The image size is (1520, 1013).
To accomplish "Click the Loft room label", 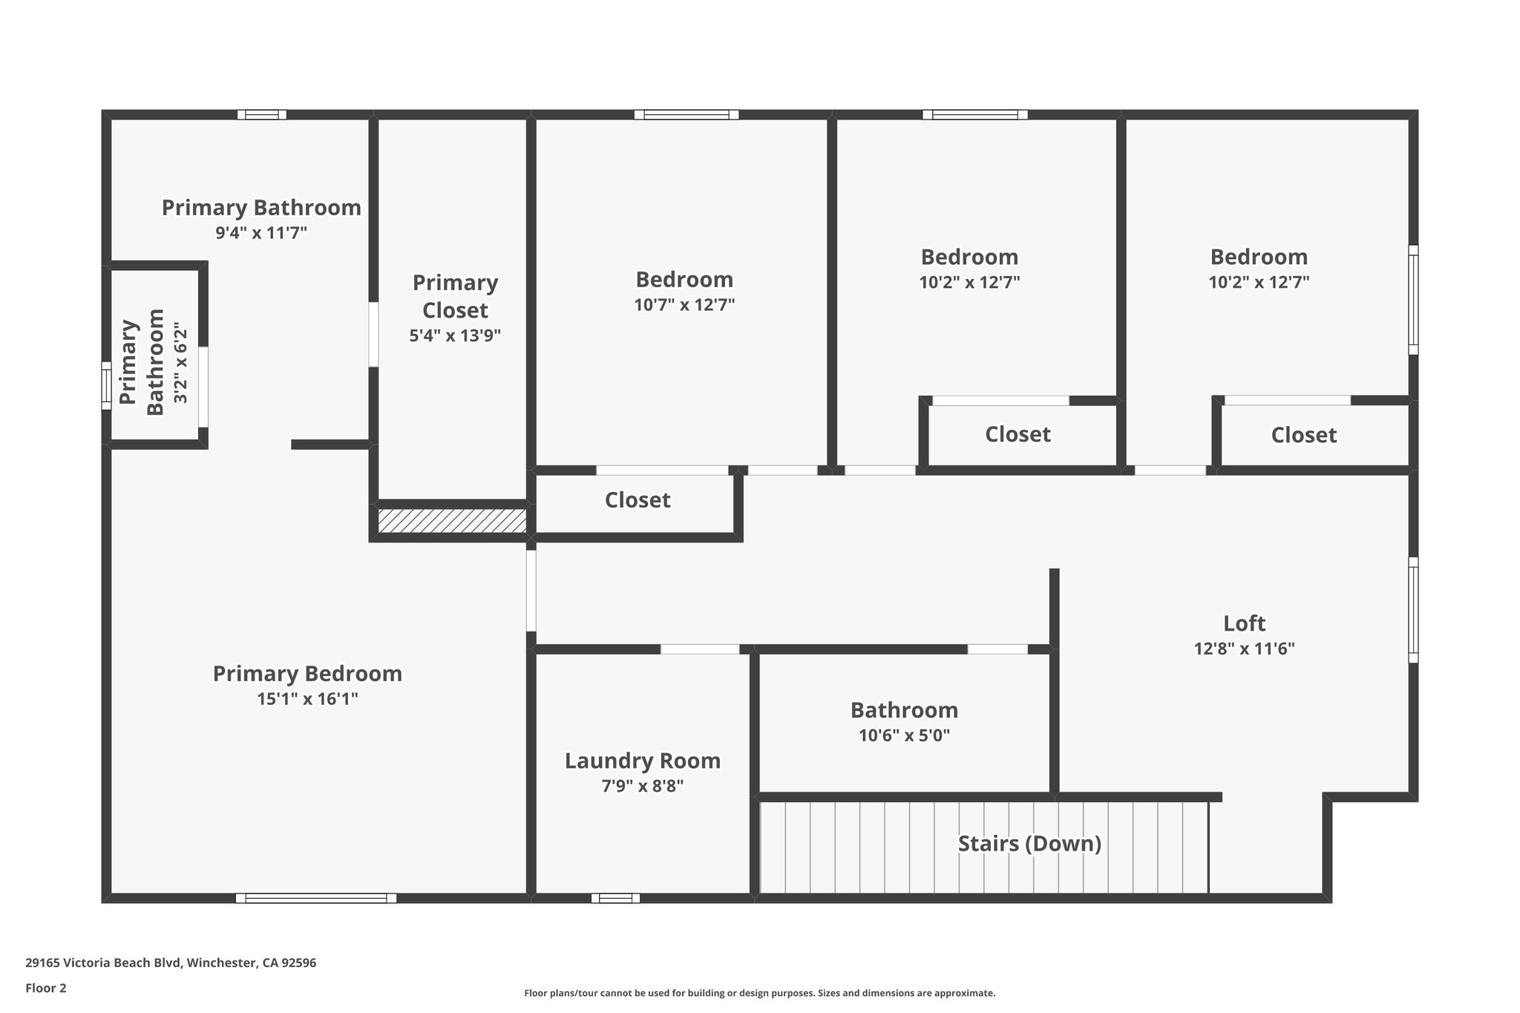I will pyautogui.click(x=1244, y=623).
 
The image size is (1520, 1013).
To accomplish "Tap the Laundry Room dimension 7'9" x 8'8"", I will pyautogui.click(x=642, y=786).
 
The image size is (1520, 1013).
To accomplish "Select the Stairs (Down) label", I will pyautogui.click(x=1029, y=844).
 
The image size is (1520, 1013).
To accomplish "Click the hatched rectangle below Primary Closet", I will pyautogui.click(x=451, y=520).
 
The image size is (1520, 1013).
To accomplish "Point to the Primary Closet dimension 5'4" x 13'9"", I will pyautogui.click(x=455, y=335).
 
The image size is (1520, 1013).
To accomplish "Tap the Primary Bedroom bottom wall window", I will pyautogui.click(x=315, y=898).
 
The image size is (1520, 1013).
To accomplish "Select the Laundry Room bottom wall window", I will pyautogui.click(x=615, y=898).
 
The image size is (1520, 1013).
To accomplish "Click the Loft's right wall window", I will pyautogui.click(x=1413, y=610).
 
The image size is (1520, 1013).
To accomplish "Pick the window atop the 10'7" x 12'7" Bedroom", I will pyautogui.click(x=687, y=114).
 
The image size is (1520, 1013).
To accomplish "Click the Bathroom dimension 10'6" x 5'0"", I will pyautogui.click(x=904, y=735).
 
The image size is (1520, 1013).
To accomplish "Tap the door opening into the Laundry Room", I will pyautogui.click(x=699, y=649).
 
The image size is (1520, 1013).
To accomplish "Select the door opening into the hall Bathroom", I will pyautogui.click(x=997, y=649).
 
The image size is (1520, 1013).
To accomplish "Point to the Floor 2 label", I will pyautogui.click(x=46, y=988).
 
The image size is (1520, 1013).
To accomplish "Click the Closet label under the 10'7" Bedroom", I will pyautogui.click(x=637, y=500).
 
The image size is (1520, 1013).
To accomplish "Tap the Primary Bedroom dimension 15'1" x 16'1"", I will pyautogui.click(x=307, y=699).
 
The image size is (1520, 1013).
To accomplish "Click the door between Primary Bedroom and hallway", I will pyautogui.click(x=531, y=590).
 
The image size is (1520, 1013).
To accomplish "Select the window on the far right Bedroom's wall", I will pyautogui.click(x=1413, y=300).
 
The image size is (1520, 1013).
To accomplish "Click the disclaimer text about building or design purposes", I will pyautogui.click(x=759, y=993).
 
